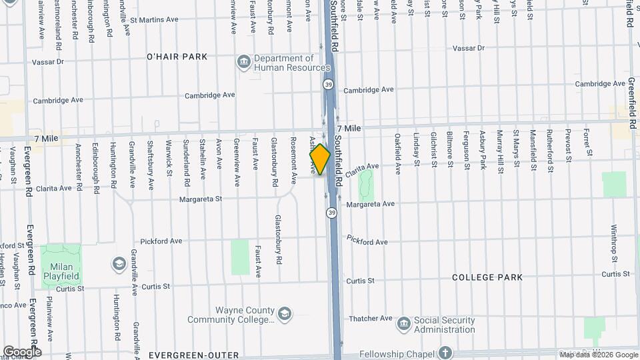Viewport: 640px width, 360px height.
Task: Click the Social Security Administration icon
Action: (x=403, y=325)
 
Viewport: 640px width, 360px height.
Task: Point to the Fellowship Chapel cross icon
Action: (x=445, y=353)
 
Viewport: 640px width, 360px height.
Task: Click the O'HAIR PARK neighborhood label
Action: (x=177, y=57)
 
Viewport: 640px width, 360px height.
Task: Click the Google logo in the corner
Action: (x=21, y=351)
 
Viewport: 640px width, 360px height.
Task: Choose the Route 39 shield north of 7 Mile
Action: (x=329, y=85)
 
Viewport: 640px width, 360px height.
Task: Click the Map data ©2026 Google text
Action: (x=598, y=355)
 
